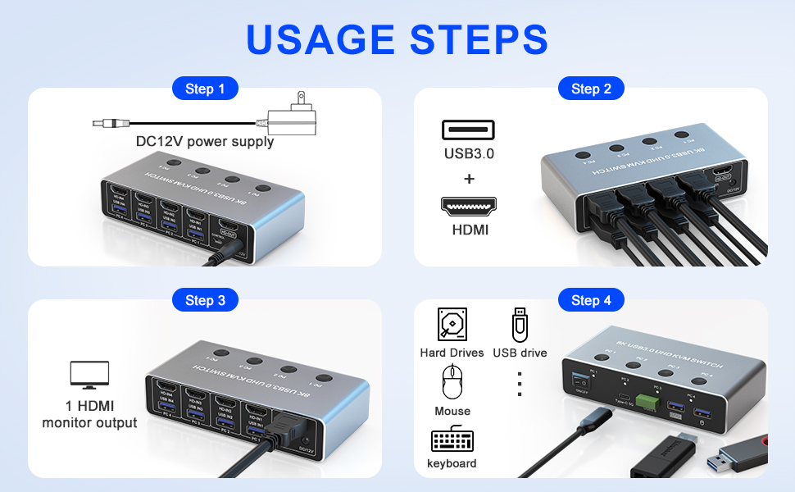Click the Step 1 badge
pyautogui.click(x=205, y=89)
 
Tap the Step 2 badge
pyautogui.click(x=591, y=89)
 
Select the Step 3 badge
pyautogui.click(x=205, y=300)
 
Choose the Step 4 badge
pyautogui.click(x=591, y=300)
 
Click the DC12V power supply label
pyautogui.click(x=205, y=142)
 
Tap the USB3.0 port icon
pyautogui.click(x=468, y=130)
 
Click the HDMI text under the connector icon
pyautogui.click(x=470, y=230)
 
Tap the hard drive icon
pyautogui.click(x=452, y=325)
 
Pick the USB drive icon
pyautogui.click(x=520, y=325)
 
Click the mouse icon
pyautogui.click(x=452, y=382)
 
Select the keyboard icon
pyautogui.click(x=452, y=440)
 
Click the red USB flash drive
pyautogui.click(x=742, y=452)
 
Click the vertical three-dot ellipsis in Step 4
pyautogui.click(x=520, y=383)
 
